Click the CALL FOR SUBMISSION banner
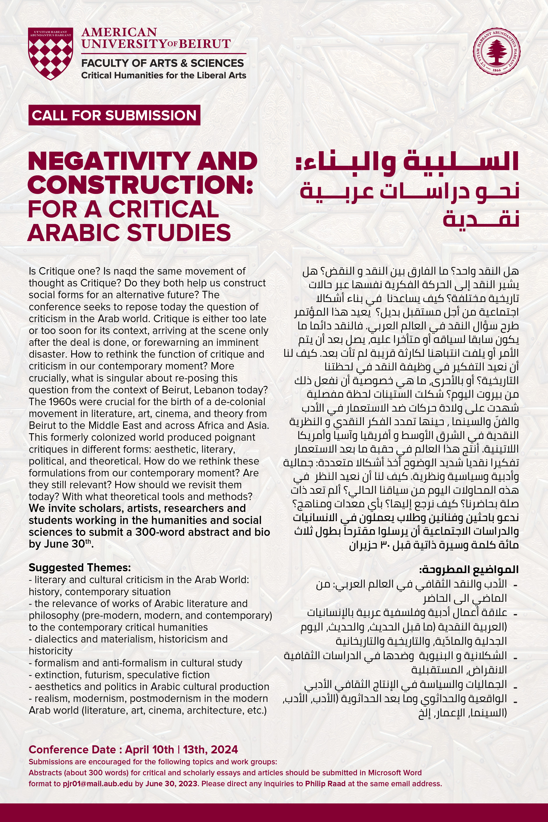tap(114, 115)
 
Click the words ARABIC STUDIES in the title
tap(129, 233)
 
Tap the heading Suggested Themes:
tap(80, 568)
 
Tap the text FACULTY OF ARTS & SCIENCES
tap(163, 63)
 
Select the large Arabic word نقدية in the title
tap(481, 219)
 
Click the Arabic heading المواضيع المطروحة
tap(469, 569)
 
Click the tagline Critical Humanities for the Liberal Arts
tap(163, 75)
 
